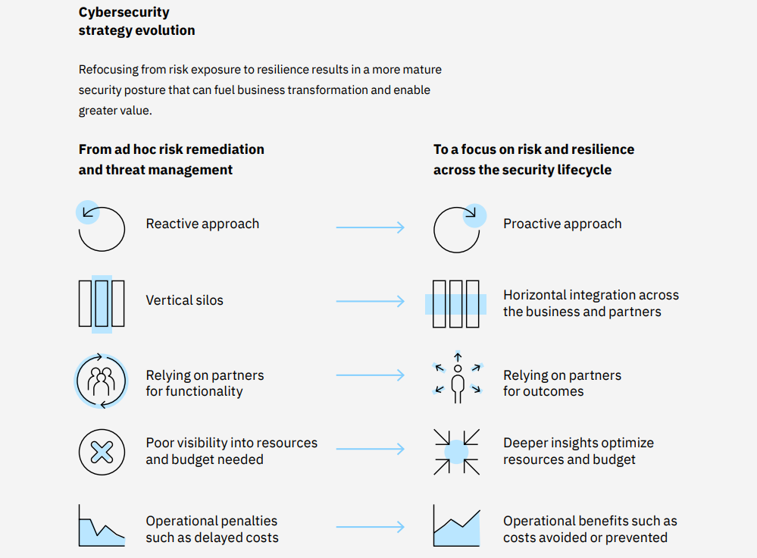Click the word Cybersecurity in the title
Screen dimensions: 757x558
(124, 13)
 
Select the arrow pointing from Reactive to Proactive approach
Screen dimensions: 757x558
(371, 227)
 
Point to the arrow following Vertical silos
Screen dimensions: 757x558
(371, 301)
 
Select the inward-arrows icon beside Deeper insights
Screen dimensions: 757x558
(456, 452)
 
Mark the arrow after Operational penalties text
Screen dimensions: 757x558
(371, 527)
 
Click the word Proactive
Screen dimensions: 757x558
(531, 224)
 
